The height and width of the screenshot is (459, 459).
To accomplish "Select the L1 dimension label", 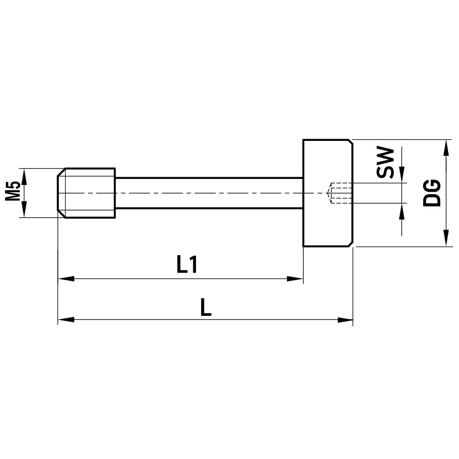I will click(x=187, y=265).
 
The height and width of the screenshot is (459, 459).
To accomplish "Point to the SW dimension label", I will click(x=385, y=163).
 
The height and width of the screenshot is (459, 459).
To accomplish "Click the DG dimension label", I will click(x=431, y=193).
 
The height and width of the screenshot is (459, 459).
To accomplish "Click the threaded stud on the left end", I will click(x=87, y=193).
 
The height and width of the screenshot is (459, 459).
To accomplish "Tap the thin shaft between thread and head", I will click(x=209, y=193).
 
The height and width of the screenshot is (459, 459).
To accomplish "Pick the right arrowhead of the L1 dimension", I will click(x=296, y=279).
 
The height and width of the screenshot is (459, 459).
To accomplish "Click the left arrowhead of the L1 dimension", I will click(x=66, y=279).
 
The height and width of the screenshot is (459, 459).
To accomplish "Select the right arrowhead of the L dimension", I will click(x=345, y=319).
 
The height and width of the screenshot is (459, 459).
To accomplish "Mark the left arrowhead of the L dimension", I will click(x=66, y=319).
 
